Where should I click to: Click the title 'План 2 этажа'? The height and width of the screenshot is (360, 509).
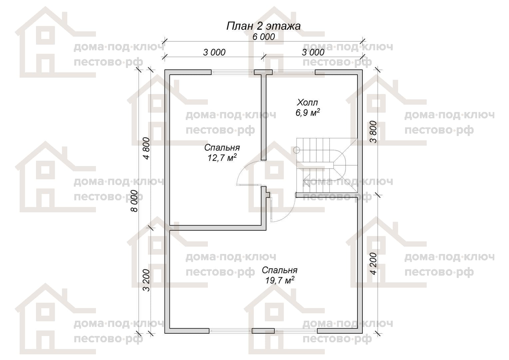(x=263, y=26)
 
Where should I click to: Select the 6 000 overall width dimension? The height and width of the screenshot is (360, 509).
(x=263, y=37)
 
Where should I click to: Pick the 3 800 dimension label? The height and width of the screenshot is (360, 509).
(x=373, y=132)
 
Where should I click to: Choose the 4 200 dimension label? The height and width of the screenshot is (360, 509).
(x=373, y=264)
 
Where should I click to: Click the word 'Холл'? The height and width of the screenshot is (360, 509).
(x=307, y=103)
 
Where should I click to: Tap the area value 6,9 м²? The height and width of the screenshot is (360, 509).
(x=308, y=112)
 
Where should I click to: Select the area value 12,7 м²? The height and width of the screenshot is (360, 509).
(x=222, y=157)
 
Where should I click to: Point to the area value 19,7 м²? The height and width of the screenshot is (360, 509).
(x=279, y=280)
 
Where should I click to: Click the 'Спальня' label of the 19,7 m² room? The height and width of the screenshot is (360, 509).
(x=279, y=270)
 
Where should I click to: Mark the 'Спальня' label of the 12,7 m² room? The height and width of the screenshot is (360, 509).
(x=222, y=148)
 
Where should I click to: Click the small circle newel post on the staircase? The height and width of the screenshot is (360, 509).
(x=297, y=150)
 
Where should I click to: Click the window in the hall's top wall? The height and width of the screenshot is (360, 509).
(x=293, y=72)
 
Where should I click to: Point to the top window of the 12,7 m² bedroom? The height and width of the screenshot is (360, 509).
(x=233, y=72)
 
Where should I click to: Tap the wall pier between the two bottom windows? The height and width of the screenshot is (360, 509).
(x=263, y=331)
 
